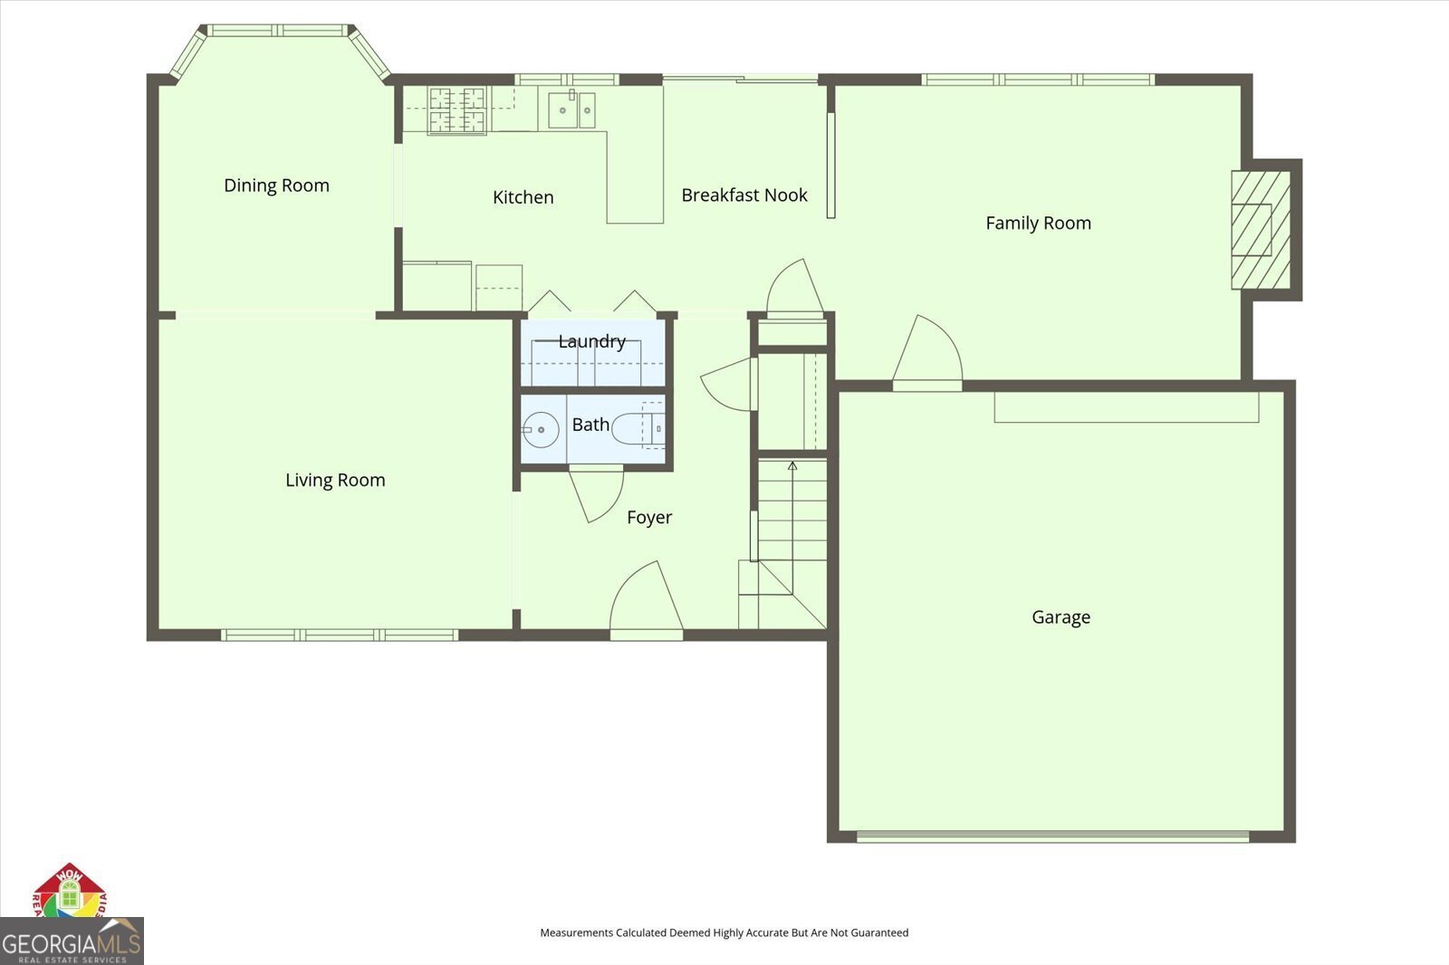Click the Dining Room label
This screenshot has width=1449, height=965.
click(276, 186)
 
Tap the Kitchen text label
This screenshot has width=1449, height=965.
click(523, 197)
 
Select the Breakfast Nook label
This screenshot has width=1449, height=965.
click(744, 196)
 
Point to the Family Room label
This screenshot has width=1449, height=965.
click(1038, 223)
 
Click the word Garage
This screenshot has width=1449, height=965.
click(1060, 617)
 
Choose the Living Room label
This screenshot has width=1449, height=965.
click(335, 481)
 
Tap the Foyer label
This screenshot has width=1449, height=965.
click(649, 518)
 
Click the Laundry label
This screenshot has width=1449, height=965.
click(591, 341)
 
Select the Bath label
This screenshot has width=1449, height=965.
click(590, 425)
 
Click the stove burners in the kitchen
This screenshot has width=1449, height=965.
click(457, 110)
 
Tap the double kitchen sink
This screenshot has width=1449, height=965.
click(571, 110)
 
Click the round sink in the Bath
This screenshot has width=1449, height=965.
click(541, 430)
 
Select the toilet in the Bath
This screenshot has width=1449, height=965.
click(638, 428)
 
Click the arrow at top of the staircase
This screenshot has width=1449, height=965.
click(792, 466)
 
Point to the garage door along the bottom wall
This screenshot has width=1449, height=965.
click(1053, 836)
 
